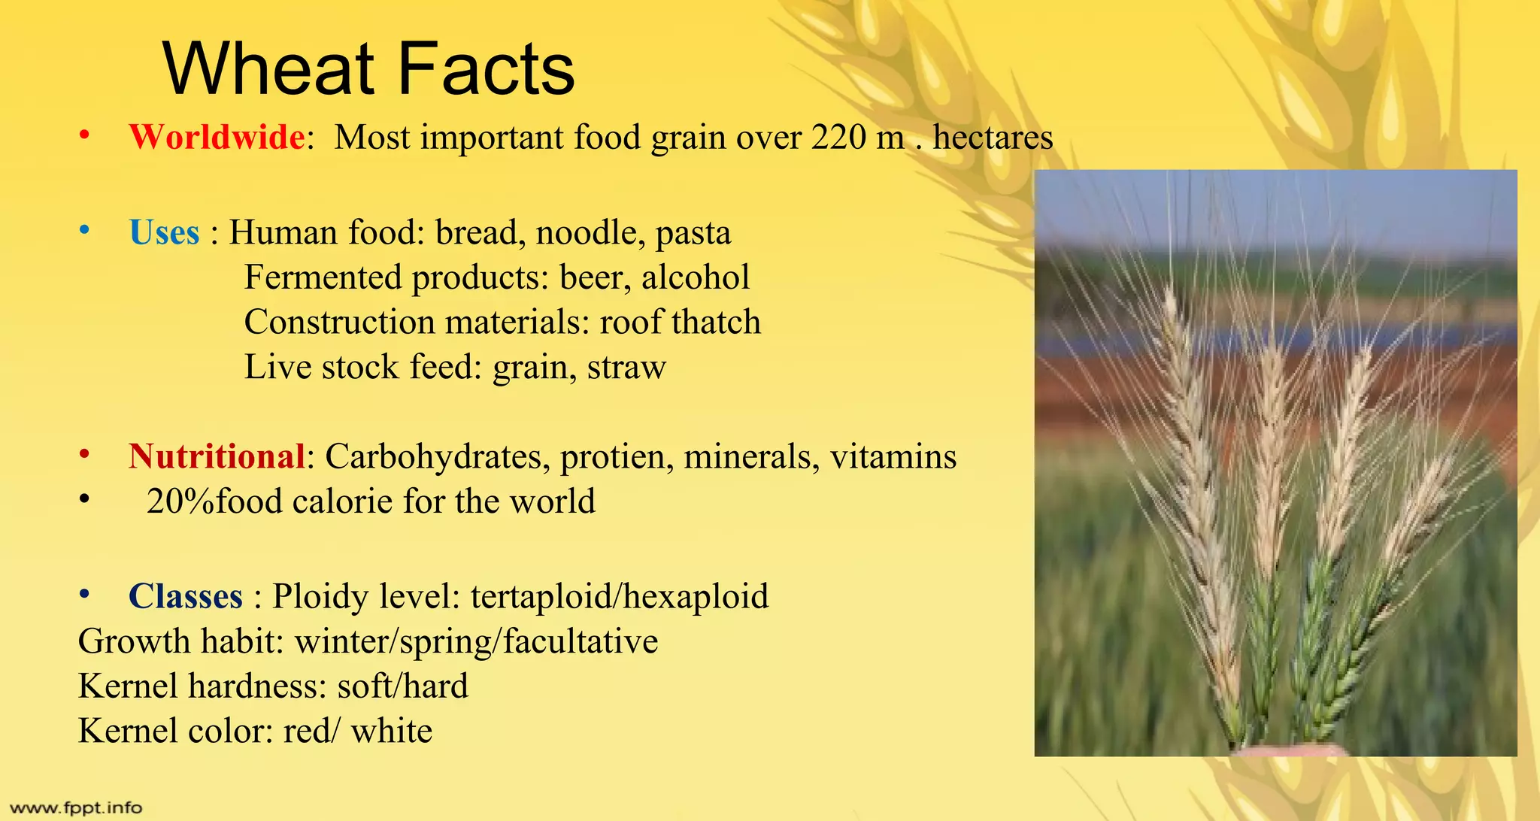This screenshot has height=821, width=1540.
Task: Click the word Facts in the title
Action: point(485,69)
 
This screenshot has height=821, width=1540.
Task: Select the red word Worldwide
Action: point(217,138)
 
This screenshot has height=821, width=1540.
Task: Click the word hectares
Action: point(993,138)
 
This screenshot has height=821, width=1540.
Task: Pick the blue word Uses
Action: point(164,232)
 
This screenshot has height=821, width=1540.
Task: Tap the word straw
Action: point(626,368)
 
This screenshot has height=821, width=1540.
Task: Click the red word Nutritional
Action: point(217,456)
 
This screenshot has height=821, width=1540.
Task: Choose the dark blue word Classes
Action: point(186,597)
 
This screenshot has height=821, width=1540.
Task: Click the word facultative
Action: point(580,642)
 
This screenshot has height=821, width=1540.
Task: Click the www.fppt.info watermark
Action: point(75,808)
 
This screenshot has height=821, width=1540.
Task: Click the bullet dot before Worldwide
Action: point(84,136)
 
